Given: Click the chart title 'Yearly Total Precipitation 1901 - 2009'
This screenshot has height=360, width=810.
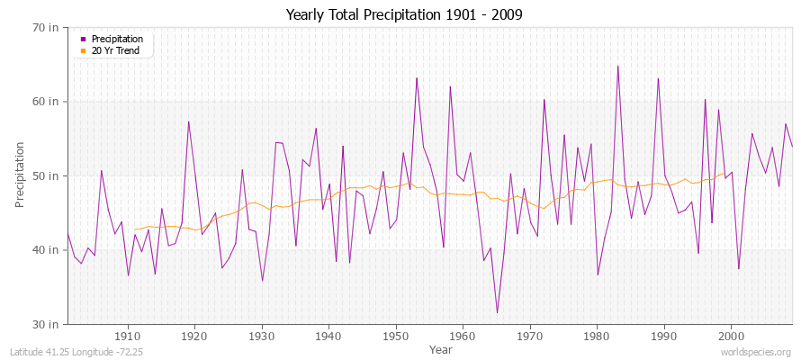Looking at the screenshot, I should pyautogui.click(x=404, y=14).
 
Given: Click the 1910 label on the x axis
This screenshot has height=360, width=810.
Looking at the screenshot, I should pyautogui.click(x=128, y=336).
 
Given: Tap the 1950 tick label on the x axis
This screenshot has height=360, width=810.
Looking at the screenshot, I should pyautogui.click(x=395, y=336).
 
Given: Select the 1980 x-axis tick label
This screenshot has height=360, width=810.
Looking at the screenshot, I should pyautogui.click(x=596, y=336).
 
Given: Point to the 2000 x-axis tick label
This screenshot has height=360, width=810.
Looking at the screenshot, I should pyautogui.click(x=730, y=336).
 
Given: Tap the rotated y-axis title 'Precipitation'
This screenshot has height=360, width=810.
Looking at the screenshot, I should pyautogui.click(x=20, y=175).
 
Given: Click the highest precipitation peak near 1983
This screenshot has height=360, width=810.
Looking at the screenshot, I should pyautogui.click(x=617, y=66).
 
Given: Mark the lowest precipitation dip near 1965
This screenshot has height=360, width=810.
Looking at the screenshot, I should pyautogui.click(x=497, y=312).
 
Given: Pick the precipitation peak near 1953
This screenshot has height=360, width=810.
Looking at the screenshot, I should pyautogui.click(x=417, y=78).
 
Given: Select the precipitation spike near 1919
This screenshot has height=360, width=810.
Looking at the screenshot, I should pyautogui.click(x=188, y=121).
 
